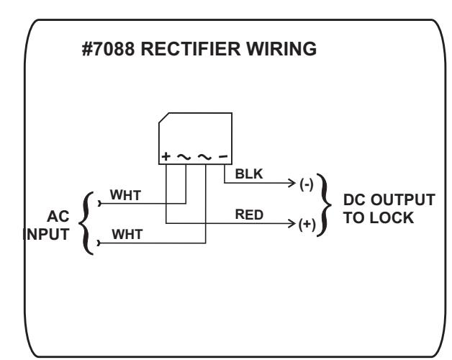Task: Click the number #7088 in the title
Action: pos(108,49)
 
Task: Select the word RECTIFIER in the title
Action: pos(191,49)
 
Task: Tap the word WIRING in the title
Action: pos(281,49)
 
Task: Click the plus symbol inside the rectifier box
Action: pos(166,156)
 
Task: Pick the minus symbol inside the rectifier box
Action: pos(223,156)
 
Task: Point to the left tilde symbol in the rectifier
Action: pos(184,157)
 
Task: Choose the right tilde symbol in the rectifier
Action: pos(204,157)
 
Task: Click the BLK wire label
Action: pos(249,174)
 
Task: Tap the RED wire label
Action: pos(249,215)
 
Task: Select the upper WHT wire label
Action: pos(125,195)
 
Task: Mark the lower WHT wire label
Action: pos(127,234)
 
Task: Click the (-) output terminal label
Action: pos(307,184)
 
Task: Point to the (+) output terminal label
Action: pos(307,225)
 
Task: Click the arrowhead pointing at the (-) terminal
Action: pos(292,183)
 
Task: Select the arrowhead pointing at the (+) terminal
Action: pos(292,223)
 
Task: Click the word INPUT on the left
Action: pos(46,234)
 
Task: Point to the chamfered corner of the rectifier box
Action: pos(163,117)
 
